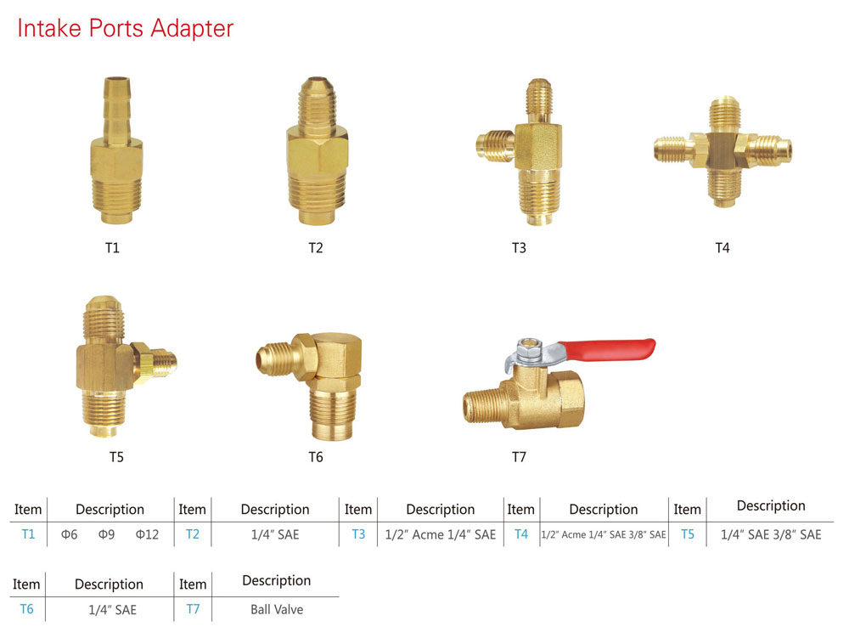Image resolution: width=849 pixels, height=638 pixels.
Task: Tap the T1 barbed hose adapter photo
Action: click(x=113, y=153)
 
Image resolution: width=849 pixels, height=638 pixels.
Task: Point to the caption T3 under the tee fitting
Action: click(x=519, y=248)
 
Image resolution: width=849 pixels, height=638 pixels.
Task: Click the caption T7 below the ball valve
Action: click(x=519, y=457)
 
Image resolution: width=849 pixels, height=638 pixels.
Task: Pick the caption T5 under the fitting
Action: click(x=116, y=457)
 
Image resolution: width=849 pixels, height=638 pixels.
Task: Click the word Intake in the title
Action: click(x=48, y=28)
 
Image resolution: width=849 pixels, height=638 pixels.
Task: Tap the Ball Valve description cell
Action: click(x=277, y=609)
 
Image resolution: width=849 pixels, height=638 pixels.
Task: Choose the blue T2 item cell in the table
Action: click(x=193, y=534)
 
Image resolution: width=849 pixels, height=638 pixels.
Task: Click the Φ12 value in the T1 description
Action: click(x=147, y=534)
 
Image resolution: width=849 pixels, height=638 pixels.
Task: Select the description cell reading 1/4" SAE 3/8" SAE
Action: click(x=771, y=534)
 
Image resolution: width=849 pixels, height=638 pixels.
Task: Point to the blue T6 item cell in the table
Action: click(x=26, y=609)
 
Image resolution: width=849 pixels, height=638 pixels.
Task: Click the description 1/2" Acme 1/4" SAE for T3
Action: click(x=440, y=534)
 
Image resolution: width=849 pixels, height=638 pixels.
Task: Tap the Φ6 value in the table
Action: click(x=70, y=534)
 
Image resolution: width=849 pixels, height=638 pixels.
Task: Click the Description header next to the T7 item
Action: click(x=277, y=581)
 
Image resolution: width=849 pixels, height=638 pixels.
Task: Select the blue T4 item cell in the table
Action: click(x=521, y=534)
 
